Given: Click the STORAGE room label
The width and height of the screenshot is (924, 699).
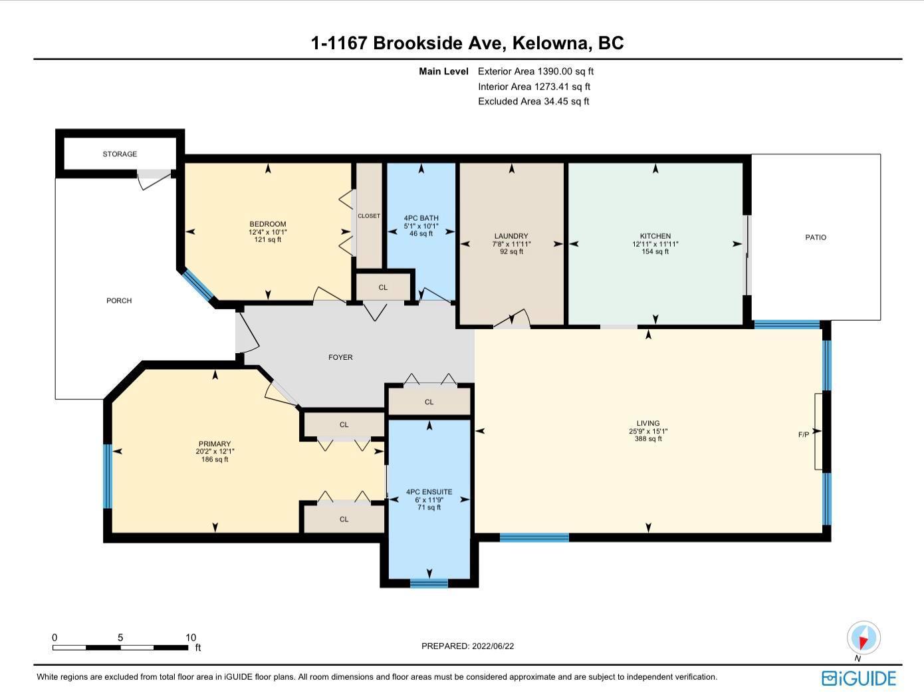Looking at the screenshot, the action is (120, 154).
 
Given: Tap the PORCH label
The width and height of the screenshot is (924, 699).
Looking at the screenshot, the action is (119, 301).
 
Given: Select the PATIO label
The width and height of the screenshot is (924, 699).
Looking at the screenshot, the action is (816, 237).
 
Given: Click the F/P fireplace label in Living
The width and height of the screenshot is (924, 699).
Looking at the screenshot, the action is (804, 434).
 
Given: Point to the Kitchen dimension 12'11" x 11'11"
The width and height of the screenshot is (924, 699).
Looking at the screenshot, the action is (655, 244).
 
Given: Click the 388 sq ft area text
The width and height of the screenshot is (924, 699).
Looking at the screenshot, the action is (648, 439).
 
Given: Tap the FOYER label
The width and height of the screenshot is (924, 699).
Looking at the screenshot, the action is (340, 357).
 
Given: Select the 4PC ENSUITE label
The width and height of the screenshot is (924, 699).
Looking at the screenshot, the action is (429, 491).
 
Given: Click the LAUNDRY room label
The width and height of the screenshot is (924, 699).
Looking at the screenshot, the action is (511, 236).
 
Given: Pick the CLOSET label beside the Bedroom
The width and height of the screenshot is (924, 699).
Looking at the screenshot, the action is (369, 216).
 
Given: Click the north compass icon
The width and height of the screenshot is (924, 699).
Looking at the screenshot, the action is (863, 638).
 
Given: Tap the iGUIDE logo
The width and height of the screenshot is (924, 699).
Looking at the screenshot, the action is (859, 679).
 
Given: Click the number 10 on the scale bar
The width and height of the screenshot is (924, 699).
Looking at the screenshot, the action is (191, 638).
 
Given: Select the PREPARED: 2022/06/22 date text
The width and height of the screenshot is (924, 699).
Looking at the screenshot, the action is (467, 646).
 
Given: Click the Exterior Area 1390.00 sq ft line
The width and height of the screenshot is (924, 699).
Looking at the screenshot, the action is (536, 72).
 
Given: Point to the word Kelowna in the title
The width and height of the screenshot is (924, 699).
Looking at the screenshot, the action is (550, 43).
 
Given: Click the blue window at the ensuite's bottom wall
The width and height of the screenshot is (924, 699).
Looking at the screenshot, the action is (429, 583).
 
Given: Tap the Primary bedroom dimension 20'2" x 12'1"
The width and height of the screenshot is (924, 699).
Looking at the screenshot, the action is (214, 452).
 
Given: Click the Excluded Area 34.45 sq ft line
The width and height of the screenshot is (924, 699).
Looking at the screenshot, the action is (533, 102).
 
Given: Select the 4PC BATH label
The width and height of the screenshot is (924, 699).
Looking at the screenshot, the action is (421, 218).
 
